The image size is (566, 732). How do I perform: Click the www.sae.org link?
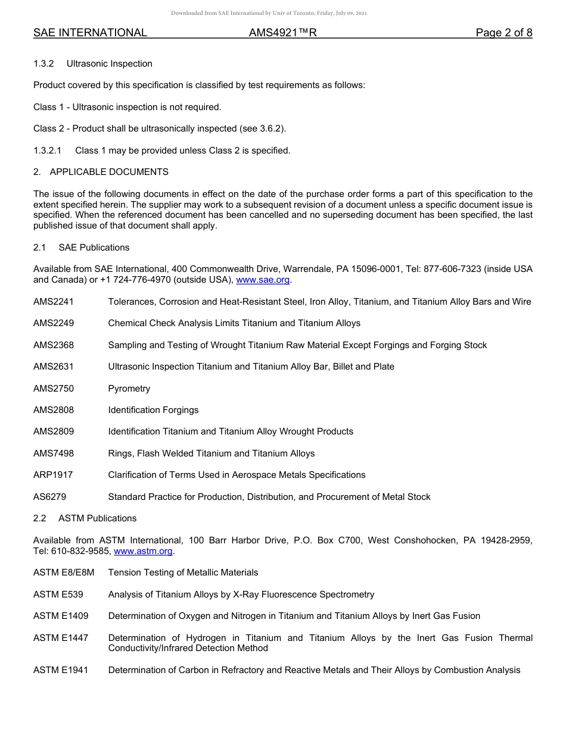[x=263, y=280]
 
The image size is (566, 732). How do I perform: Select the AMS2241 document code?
[x=54, y=302]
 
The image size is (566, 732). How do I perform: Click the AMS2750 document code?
[x=54, y=389]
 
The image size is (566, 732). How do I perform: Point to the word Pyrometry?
[x=129, y=389]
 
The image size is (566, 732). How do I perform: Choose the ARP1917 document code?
[x=54, y=475]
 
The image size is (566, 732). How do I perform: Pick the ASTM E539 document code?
[x=58, y=595]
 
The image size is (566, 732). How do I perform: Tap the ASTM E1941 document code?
[x=61, y=670]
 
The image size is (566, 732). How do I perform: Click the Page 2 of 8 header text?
[x=504, y=33]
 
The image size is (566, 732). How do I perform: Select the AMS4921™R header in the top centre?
[x=283, y=33]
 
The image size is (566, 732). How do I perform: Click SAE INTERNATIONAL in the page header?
[x=90, y=33]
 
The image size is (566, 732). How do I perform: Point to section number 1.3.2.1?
[x=51, y=151]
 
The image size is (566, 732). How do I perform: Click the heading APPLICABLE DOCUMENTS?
[x=109, y=172]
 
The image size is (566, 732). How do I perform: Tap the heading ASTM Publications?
[x=98, y=518]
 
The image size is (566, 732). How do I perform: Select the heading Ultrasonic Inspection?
[x=110, y=64]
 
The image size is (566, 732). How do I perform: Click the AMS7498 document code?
[x=54, y=453]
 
